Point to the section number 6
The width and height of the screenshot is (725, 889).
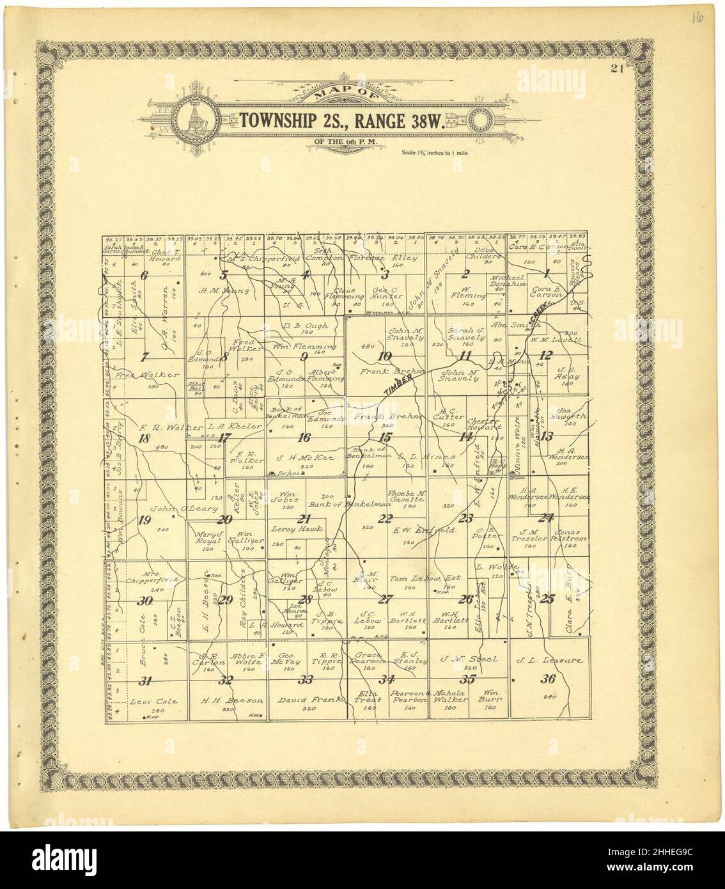click(x=144, y=276)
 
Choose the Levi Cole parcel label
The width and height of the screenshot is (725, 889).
click(x=150, y=701)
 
